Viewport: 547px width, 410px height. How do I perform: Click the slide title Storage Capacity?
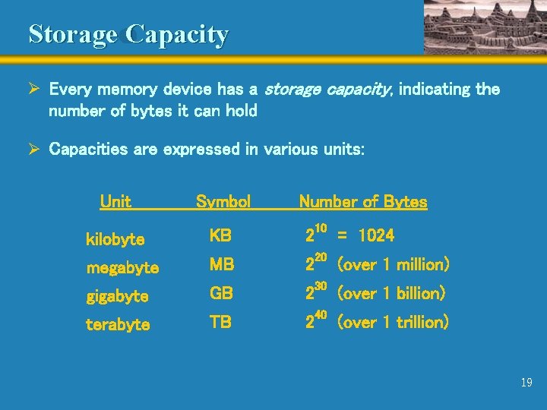pos(128,34)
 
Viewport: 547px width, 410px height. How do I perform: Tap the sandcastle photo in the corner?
pos(484,27)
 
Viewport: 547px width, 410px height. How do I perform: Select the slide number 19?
pos(526,383)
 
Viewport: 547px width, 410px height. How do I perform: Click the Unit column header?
pos(115,202)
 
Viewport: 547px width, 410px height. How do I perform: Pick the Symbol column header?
pos(223,202)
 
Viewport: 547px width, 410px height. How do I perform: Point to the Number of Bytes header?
pos(362,202)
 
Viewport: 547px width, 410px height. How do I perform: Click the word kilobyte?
pos(115,240)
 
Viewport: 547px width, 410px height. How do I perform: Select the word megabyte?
pos(122,268)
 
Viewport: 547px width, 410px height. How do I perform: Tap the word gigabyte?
pos(117,296)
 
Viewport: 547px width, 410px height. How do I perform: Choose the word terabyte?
pos(118,325)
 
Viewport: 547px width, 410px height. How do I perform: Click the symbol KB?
pos(220,236)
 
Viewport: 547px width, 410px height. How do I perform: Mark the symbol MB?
pos(222,265)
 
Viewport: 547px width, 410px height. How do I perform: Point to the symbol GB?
pos(221,293)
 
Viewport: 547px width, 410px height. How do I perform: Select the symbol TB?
pos(220,322)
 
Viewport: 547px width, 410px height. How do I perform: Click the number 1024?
pos(376,236)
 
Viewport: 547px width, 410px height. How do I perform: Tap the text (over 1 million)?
pos(393,265)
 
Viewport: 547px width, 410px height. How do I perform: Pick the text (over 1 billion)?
pos(390,293)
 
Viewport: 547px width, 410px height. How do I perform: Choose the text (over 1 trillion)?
pos(392,322)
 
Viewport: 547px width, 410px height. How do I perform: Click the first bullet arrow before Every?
pos(33,90)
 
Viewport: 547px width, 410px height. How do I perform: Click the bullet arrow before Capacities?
pos(33,150)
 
